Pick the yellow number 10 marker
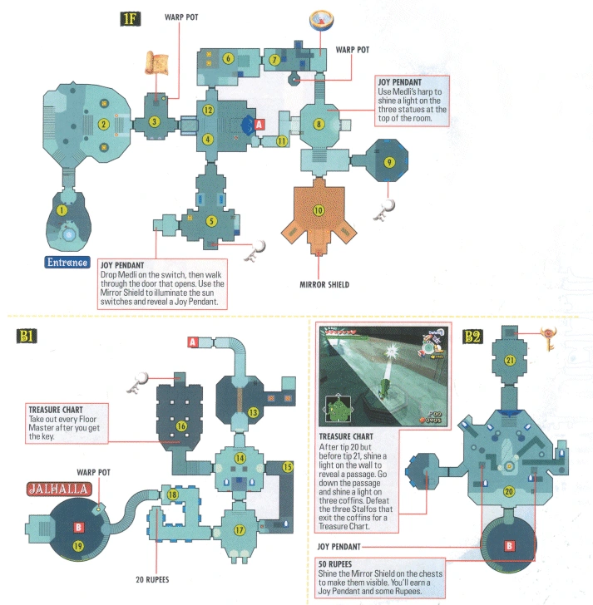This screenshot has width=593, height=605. (x=319, y=210)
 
